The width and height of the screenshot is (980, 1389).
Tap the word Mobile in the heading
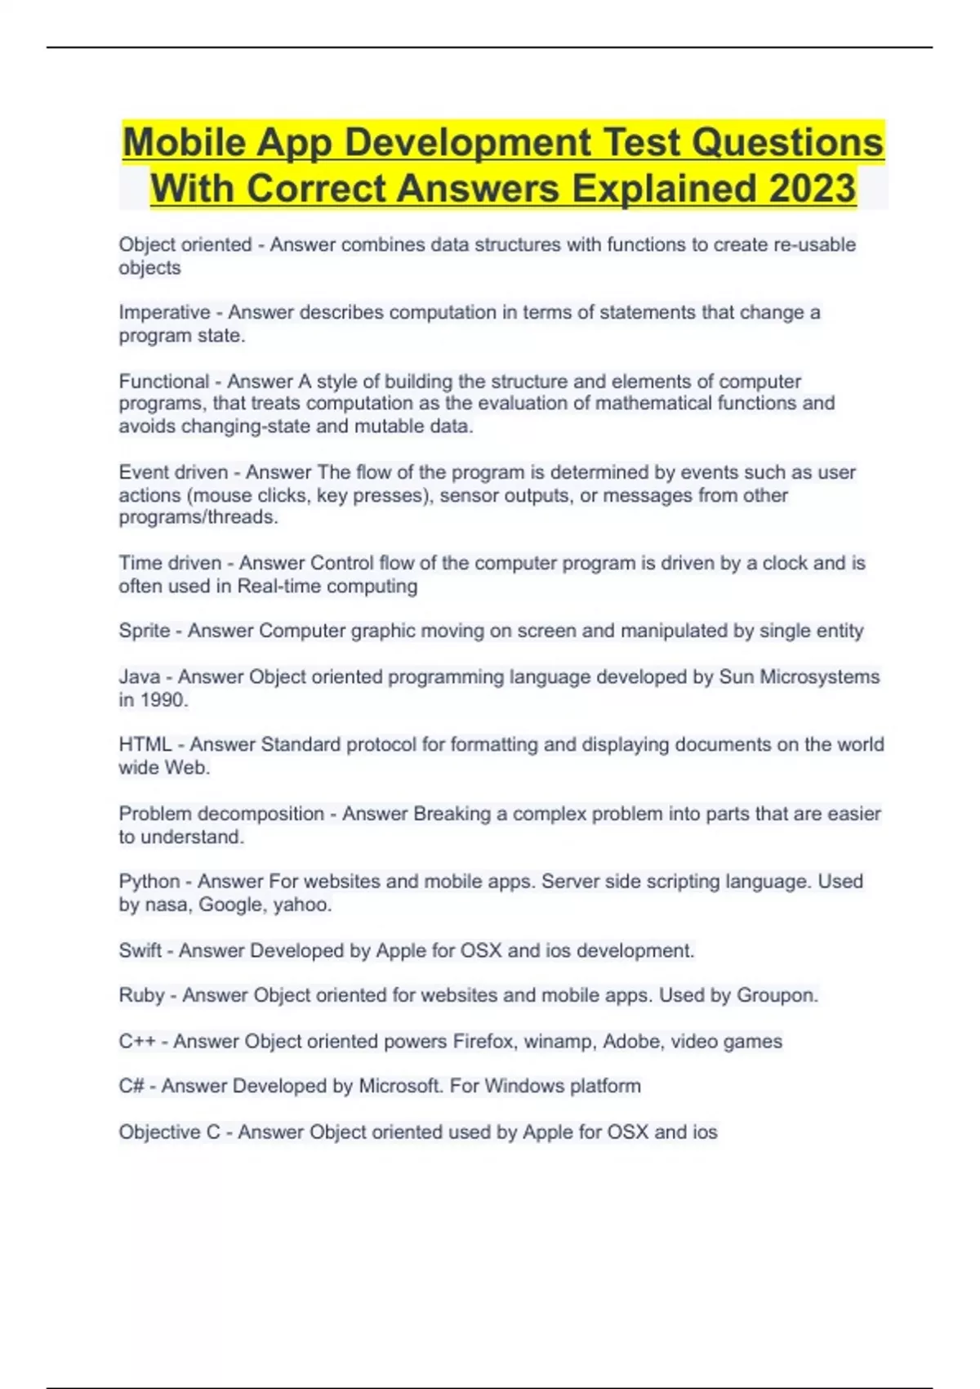click(x=184, y=142)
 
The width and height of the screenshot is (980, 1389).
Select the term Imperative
click(x=164, y=312)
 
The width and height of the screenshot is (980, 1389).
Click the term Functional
click(x=164, y=381)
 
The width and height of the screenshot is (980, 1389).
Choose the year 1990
click(x=163, y=699)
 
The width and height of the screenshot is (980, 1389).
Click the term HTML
click(x=145, y=744)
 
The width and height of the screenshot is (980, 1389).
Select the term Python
click(x=149, y=882)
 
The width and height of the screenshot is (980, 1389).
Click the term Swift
click(x=140, y=950)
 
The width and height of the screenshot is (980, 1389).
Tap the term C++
click(x=136, y=1041)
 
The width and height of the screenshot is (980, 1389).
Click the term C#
click(x=131, y=1086)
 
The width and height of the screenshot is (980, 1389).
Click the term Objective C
click(x=169, y=1132)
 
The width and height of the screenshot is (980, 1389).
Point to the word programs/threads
click(x=198, y=517)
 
